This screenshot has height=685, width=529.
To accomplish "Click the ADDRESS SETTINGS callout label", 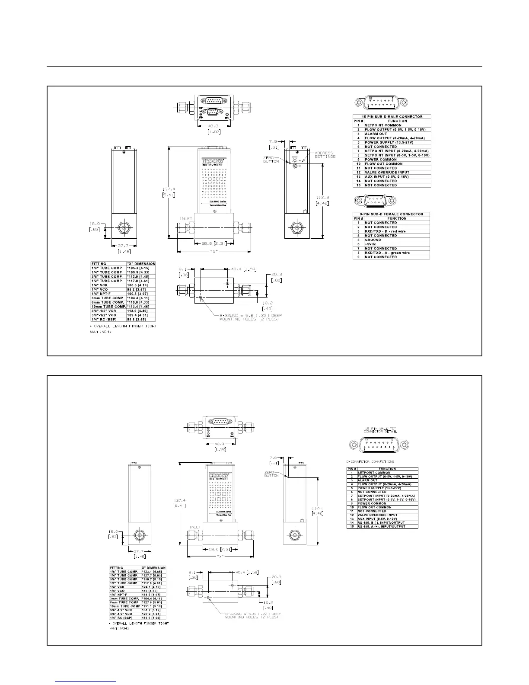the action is pos(325,155).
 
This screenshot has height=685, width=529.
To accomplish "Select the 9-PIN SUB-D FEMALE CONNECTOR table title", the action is pos(391,214).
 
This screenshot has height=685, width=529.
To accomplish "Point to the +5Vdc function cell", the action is pos(371,244).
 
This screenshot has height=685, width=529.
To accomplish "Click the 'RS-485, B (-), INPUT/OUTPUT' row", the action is pos(381,523).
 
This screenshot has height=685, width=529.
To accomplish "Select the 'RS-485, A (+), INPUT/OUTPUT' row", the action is pos(381,527).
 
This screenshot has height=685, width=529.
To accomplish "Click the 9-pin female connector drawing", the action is pos(374,201).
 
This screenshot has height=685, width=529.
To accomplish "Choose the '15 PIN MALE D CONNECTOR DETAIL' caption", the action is pos(380,430).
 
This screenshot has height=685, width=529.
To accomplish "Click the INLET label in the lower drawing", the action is pos(195,527).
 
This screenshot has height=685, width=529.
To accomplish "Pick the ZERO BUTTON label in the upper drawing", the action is pos(271,159).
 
